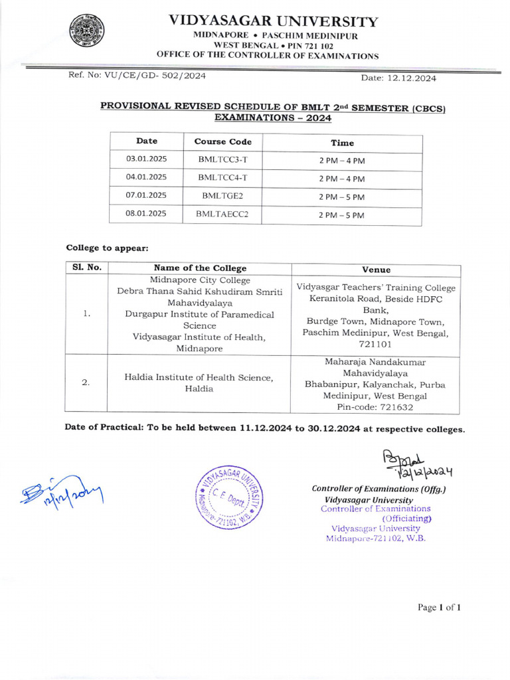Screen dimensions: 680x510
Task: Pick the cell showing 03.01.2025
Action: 146,159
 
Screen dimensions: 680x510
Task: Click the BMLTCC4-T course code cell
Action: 222,177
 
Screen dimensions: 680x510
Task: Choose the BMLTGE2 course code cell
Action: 222,196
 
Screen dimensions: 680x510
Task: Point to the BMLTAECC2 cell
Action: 222,214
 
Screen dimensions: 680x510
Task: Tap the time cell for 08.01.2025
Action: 342,215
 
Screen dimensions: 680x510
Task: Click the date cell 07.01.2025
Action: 146,195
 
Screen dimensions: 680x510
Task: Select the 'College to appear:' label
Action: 107,248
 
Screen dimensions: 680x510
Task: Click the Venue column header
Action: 376,270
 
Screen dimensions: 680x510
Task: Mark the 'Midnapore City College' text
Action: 200,280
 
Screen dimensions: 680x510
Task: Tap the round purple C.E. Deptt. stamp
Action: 228,495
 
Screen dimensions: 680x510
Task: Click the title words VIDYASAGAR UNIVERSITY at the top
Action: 273,21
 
